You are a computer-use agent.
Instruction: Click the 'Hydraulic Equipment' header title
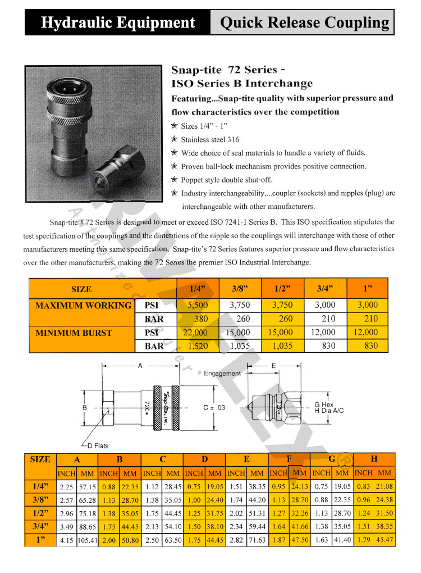118,22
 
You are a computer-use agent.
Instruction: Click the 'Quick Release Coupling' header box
304,22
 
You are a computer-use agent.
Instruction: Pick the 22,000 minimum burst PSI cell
196,333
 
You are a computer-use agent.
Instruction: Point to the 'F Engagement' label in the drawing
220,373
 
